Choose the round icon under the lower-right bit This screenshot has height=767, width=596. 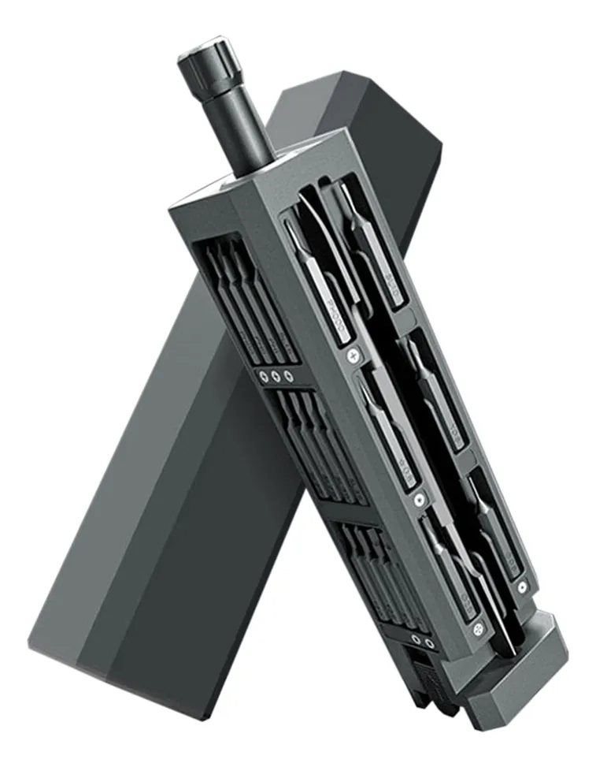[x=521, y=587]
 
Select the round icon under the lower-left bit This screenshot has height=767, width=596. [x=477, y=628]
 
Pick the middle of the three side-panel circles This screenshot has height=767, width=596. [x=276, y=376]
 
